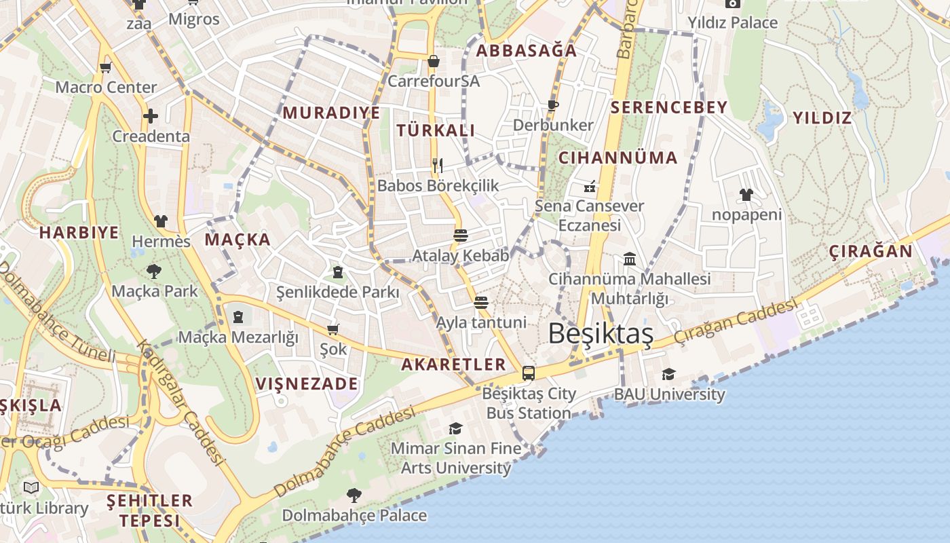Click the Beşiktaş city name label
(x=601, y=334)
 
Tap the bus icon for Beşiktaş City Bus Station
(x=529, y=373)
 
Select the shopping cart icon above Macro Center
(x=105, y=67)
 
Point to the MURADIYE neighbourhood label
(x=331, y=113)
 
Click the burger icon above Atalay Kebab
(x=461, y=236)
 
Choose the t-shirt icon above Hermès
(x=161, y=221)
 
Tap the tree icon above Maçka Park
(x=154, y=271)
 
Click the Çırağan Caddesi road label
(x=735, y=322)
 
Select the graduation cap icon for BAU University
(x=668, y=374)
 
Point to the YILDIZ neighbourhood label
(x=822, y=118)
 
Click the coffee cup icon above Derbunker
(x=552, y=105)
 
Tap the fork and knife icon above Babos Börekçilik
(x=438, y=165)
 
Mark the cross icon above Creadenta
(x=151, y=116)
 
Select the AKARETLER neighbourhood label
(x=453, y=364)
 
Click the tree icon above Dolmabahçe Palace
(x=354, y=495)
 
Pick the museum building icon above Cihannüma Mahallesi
(x=629, y=259)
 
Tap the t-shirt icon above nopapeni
(x=746, y=195)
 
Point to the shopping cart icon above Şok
(x=332, y=329)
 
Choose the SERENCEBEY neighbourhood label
(x=668, y=107)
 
